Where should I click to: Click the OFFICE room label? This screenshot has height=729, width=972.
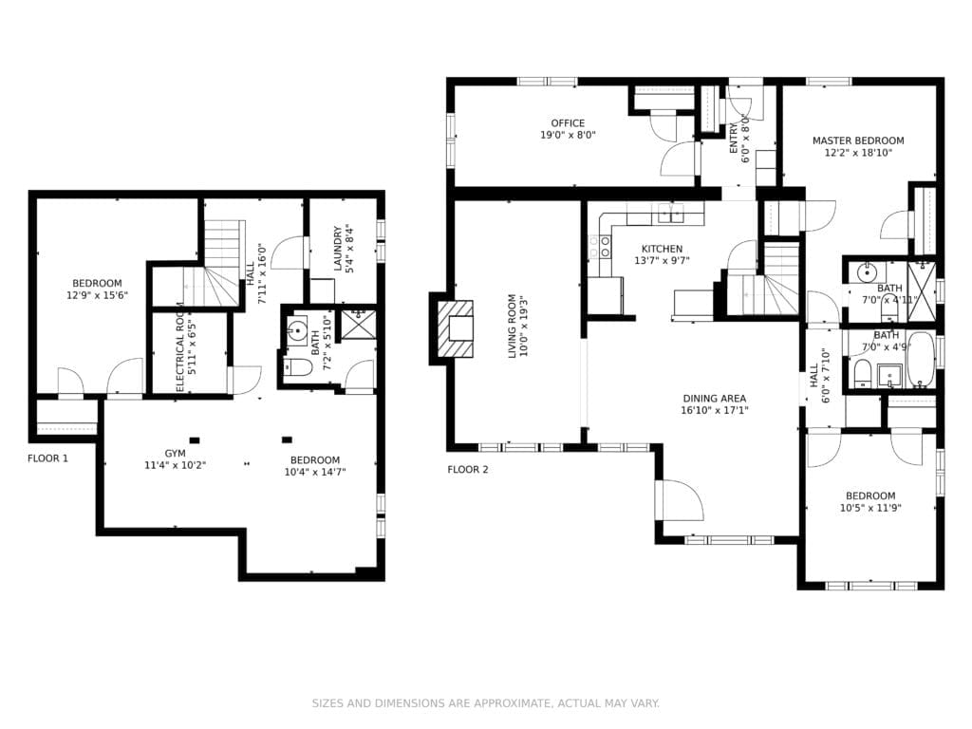tap(568, 123)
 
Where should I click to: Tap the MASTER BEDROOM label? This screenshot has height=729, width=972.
tap(858, 140)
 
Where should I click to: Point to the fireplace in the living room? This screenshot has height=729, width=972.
tap(455, 328)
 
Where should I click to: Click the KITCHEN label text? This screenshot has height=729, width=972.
tap(662, 249)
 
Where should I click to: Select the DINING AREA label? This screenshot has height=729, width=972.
tap(714, 399)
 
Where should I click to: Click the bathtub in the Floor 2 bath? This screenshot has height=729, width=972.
tap(921, 360)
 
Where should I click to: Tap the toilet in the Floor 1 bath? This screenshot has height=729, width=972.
tap(297, 368)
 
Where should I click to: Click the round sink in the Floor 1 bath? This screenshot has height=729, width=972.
tap(297, 330)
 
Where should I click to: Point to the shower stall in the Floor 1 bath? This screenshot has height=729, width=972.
tap(359, 324)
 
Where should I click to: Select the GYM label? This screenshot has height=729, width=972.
tap(175, 453)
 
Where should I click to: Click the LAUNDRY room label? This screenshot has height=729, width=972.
tap(338, 248)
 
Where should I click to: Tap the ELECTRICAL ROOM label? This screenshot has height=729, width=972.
tap(179, 346)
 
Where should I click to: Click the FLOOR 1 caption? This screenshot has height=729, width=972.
tap(47, 458)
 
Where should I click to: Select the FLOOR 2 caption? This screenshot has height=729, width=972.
tap(467, 469)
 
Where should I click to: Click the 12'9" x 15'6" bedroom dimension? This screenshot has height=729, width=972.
tap(97, 295)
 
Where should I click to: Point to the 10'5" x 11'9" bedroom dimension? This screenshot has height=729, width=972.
tap(870, 508)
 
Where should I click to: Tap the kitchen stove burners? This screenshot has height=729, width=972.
tap(599, 247)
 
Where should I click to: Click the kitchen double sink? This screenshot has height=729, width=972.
tap(671, 213)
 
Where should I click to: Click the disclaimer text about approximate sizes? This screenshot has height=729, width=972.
tap(485, 703)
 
